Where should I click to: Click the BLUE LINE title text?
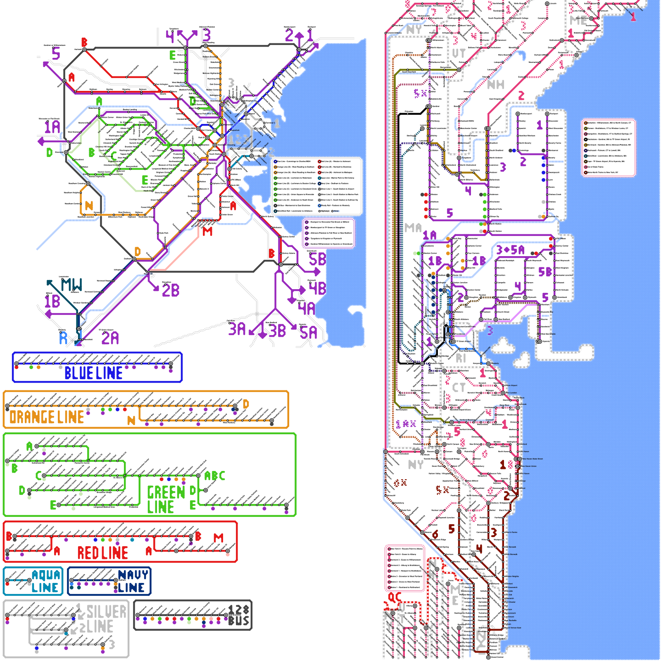(93, 373)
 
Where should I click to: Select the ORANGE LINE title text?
(47, 417)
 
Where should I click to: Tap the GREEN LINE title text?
(166, 499)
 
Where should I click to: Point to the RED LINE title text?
(102, 553)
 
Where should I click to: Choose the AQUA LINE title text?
(45, 581)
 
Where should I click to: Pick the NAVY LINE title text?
(132, 581)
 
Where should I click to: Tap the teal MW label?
(71, 285)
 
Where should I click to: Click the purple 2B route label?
(170, 290)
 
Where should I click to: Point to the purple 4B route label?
(317, 288)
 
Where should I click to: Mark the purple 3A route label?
(237, 329)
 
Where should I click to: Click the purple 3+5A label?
(510, 250)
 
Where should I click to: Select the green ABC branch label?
(215, 476)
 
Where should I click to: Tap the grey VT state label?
(459, 53)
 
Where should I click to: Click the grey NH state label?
(496, 85)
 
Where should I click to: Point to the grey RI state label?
(461, 358)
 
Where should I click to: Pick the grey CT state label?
(459, 388)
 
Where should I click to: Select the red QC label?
(395, 597)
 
